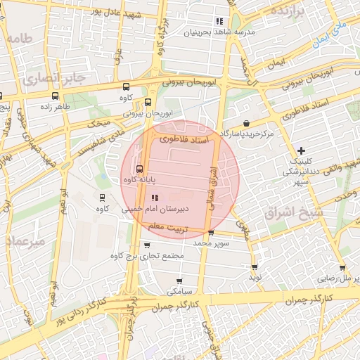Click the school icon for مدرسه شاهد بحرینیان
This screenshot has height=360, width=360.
(219, 21)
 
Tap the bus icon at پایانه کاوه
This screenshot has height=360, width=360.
(139, 169)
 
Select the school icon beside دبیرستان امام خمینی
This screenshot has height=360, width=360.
(155, 198)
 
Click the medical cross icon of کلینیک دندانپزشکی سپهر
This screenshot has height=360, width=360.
(301, 150)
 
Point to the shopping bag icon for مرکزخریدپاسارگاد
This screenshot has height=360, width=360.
(245, 122)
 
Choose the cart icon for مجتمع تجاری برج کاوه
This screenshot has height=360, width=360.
(146, 245)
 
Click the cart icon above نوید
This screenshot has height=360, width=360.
(255, 267)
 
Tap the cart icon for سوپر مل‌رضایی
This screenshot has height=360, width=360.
(342, 267)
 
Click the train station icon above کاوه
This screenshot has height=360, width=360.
(103, 198)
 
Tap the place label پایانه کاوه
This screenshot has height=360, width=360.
(119, 181)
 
